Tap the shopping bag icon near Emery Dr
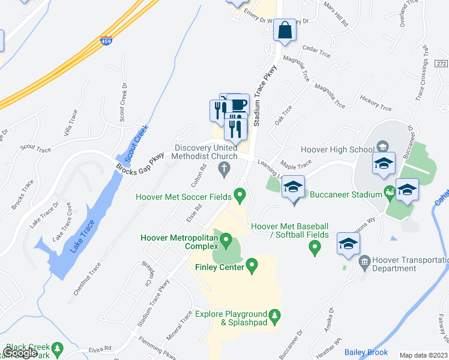pyautogui.click(x=285, y=31)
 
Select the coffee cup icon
pyautogui.click(x=238, y=104)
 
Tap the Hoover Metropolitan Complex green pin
pyautogui.click(x=226, y=241)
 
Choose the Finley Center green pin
pyautogui.click(x=252, y=265)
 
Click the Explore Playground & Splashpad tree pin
pyautogui.click(x=274, y=314)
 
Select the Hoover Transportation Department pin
pyautogui.click(x=364, y=262)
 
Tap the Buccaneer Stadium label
pyautogui.click(x=346, y=194)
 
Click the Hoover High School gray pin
pyautogui.click(x=381, y=146)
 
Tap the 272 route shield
pyautogui.click(x=442, y=63)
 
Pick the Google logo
pyautogui.click(x=20, y=353)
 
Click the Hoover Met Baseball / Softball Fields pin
pyautogui.click(x=314, y=248)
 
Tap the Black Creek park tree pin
pyautogui.click(x=57, y=347)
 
